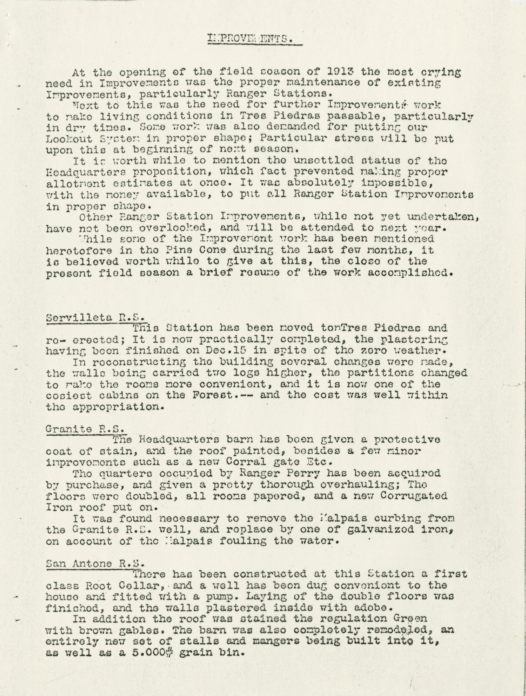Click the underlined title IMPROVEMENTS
pyautogui.click(x=250, y=39)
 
